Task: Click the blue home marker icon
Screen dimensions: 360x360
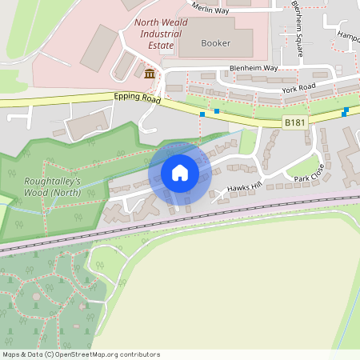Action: tap(180, 173)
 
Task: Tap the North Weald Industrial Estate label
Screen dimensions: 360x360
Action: tap(161, 34)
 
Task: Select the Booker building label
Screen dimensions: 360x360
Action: tap(216, 43)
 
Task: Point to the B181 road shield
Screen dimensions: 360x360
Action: tap(294, 122)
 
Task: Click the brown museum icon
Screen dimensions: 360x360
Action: tap(150, 74)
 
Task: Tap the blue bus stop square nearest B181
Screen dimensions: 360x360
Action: tap(217, 110)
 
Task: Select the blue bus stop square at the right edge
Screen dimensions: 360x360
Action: tap(345, 111)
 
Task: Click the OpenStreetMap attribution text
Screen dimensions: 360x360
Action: tap(81, 354)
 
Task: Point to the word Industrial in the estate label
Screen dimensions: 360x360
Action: tap(161, 34)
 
